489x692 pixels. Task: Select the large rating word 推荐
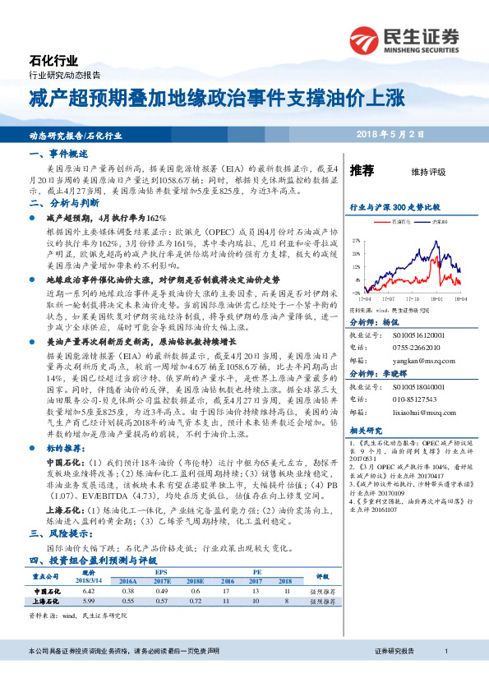(x=362, y=171)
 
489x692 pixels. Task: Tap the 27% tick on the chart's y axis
(x=356, y=241)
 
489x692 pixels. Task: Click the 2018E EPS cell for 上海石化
(x=196, y=601)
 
